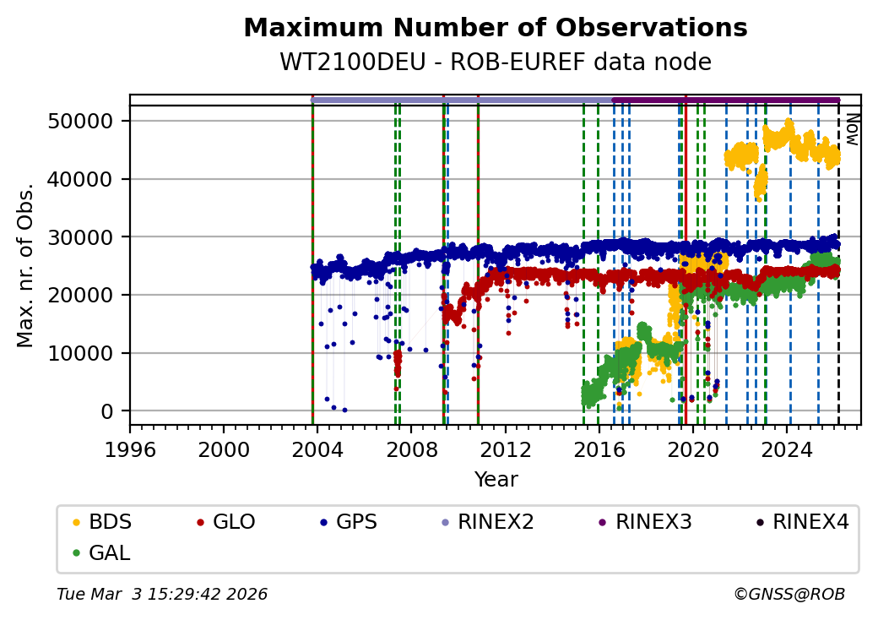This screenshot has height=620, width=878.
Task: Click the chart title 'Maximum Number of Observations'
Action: click(495, 28)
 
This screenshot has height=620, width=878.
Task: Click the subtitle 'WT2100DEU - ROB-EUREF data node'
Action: click(495, 62)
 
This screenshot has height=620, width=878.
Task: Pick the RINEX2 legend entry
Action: click(496, 522)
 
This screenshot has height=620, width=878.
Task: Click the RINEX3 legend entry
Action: click(653, 522)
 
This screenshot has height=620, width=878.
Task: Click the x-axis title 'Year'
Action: click(496, 480)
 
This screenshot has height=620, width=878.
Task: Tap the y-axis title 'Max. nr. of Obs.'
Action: click(25, 264)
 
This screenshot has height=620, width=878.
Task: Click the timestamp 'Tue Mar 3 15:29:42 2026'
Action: click(162, 595)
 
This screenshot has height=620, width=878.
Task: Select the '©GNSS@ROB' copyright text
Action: click(789, 595)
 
